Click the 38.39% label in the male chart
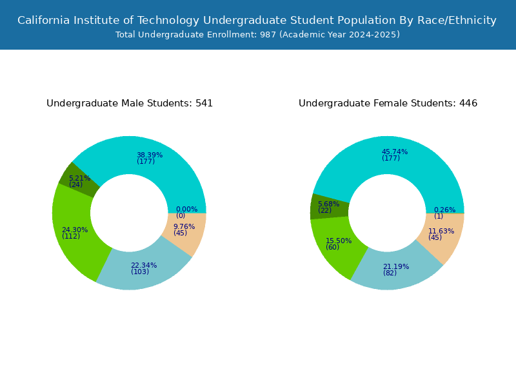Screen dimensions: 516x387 click(x=150, y=155)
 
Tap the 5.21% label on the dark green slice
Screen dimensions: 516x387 click(x=79, y=178)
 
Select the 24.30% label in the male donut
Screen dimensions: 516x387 click(x=75, y=230)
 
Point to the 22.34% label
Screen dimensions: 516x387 click(x=144, y=265)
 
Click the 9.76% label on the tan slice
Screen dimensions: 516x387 click(x=184, y=226)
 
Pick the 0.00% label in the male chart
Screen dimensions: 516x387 click(x=186, y=209)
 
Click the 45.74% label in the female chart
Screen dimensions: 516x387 click(x=395, y=152)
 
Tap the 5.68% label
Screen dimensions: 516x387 click(x=328, y=204)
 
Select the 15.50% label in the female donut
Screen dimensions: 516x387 click(x=339, y=241)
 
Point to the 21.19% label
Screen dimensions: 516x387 click(x=396, y=266)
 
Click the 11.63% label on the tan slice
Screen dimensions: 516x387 click(x=441, y=232)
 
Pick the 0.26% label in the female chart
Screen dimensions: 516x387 click(x=444, y=210)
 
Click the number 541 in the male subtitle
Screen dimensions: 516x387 click(x=204, y=103)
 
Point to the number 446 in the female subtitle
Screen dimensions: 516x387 click(x=468, y=103)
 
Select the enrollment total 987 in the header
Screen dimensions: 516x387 click(x=268, y=35)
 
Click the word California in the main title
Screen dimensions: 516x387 click(x=43, y=21)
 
